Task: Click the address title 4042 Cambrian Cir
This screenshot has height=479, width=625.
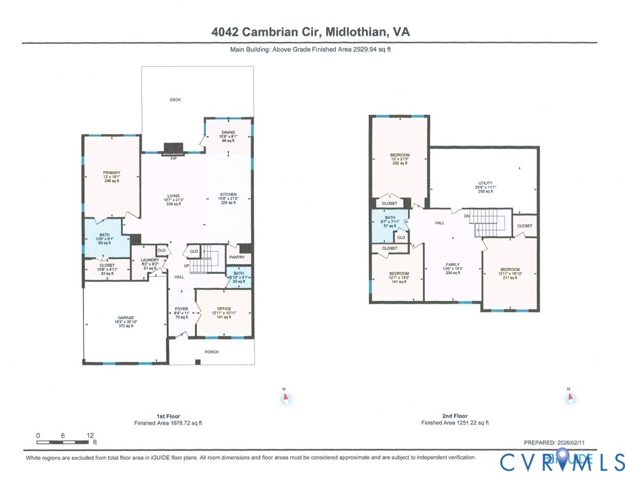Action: pos(310,32)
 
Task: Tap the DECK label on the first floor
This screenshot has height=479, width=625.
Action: pos(175,99)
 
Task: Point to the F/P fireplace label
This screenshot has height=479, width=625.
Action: pos(174,159)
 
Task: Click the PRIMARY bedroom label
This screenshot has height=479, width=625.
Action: pos(111,173)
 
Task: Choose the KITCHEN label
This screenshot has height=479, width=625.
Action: pos(229,195)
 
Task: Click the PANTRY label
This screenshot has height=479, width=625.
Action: pos(237,257)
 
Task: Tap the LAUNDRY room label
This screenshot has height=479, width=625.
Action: pos(149,260)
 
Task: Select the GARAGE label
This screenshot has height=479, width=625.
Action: pos(125,318)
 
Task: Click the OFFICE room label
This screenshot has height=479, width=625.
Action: pos(224,309)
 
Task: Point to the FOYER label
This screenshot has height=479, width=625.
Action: pos(181,309)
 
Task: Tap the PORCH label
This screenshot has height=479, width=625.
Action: pos(211,352)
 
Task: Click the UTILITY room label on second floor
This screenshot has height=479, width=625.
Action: pos(485,183)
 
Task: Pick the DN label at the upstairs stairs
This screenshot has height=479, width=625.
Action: pos(467,215)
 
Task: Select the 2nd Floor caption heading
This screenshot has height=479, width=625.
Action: pos(455,416)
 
